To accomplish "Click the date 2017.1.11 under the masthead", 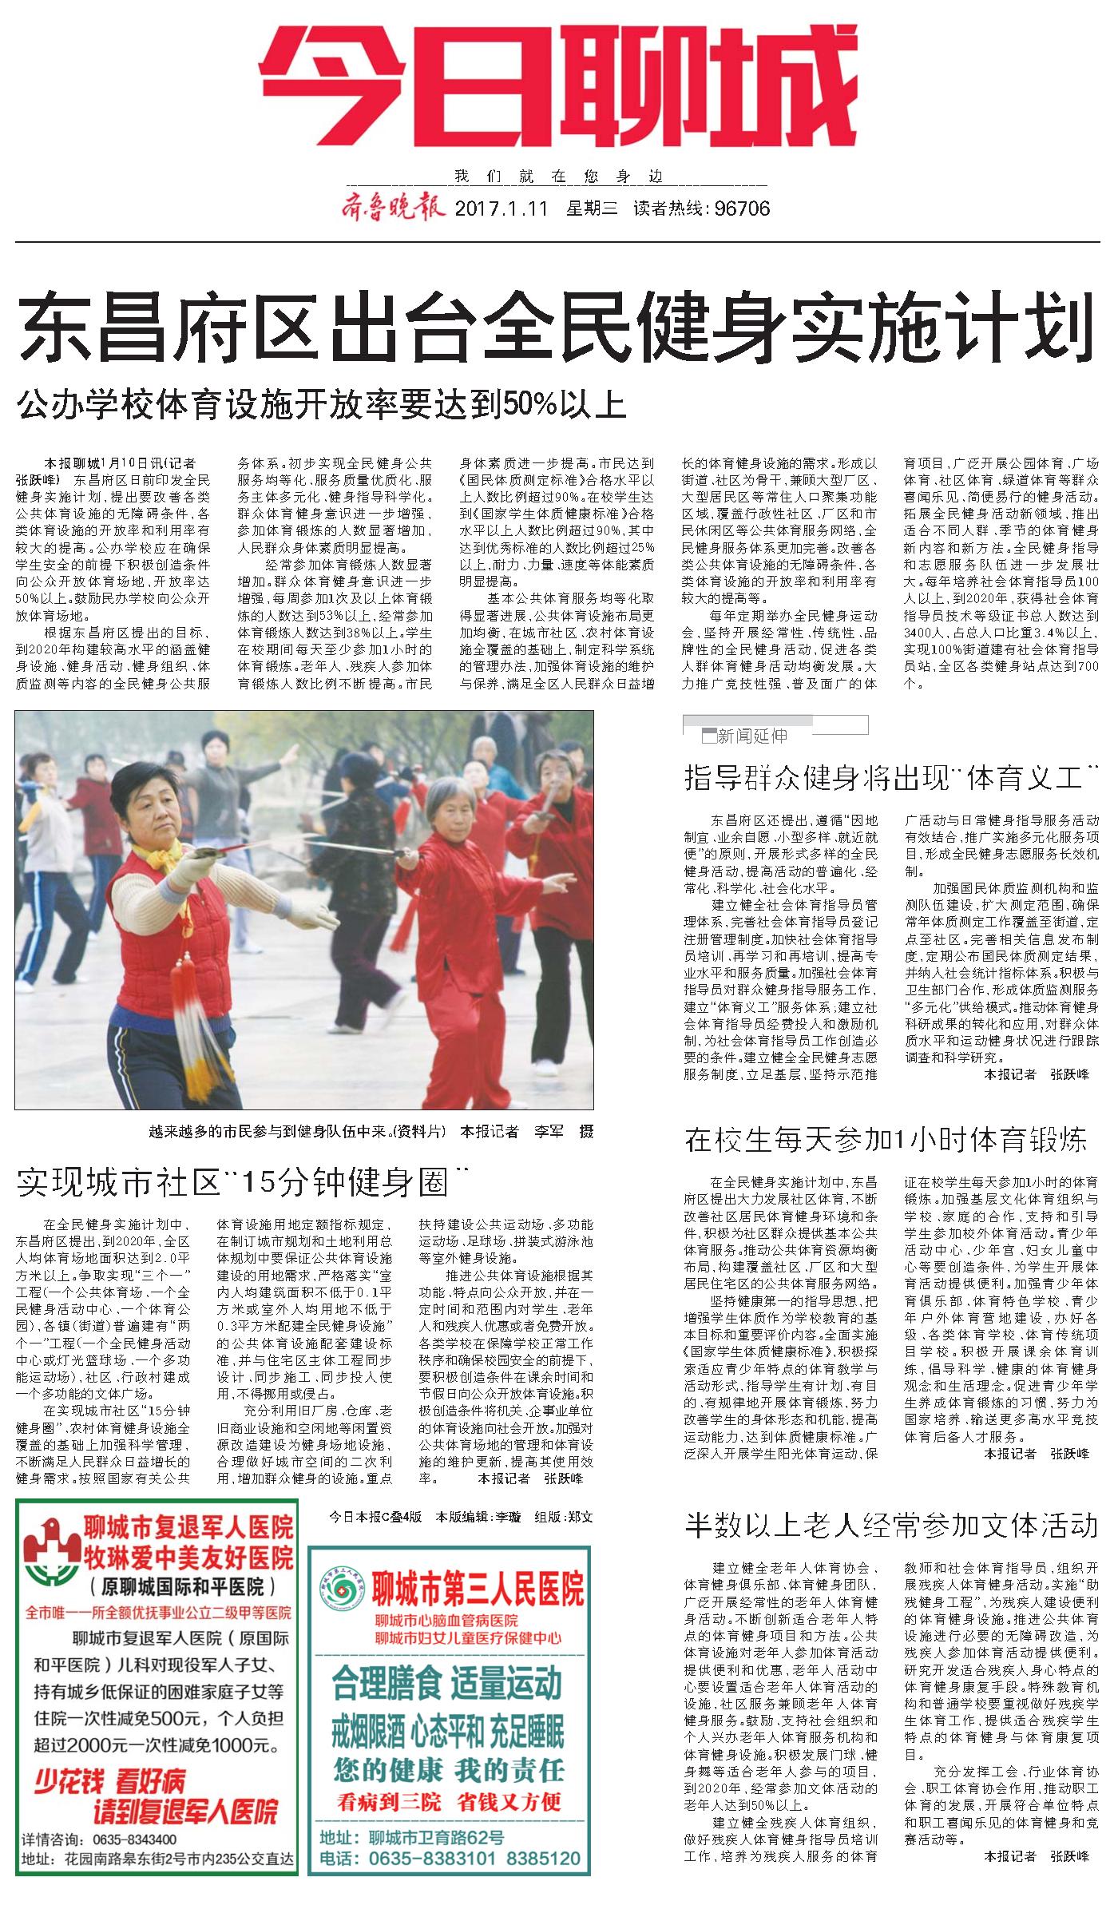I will pyautogui.click(x=501, y=209).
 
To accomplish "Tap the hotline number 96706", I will pyautogui.click(x=743, y=209).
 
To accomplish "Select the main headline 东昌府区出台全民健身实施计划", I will pyautogui.click(x=556, y=329).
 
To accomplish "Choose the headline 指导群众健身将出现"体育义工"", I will pyautogui.click(x=890, y=778).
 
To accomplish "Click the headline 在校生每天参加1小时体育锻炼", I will pyautogui.click(x=886, y=1141).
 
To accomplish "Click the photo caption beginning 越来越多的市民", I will pyautogui.click(x=371, y=1131).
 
